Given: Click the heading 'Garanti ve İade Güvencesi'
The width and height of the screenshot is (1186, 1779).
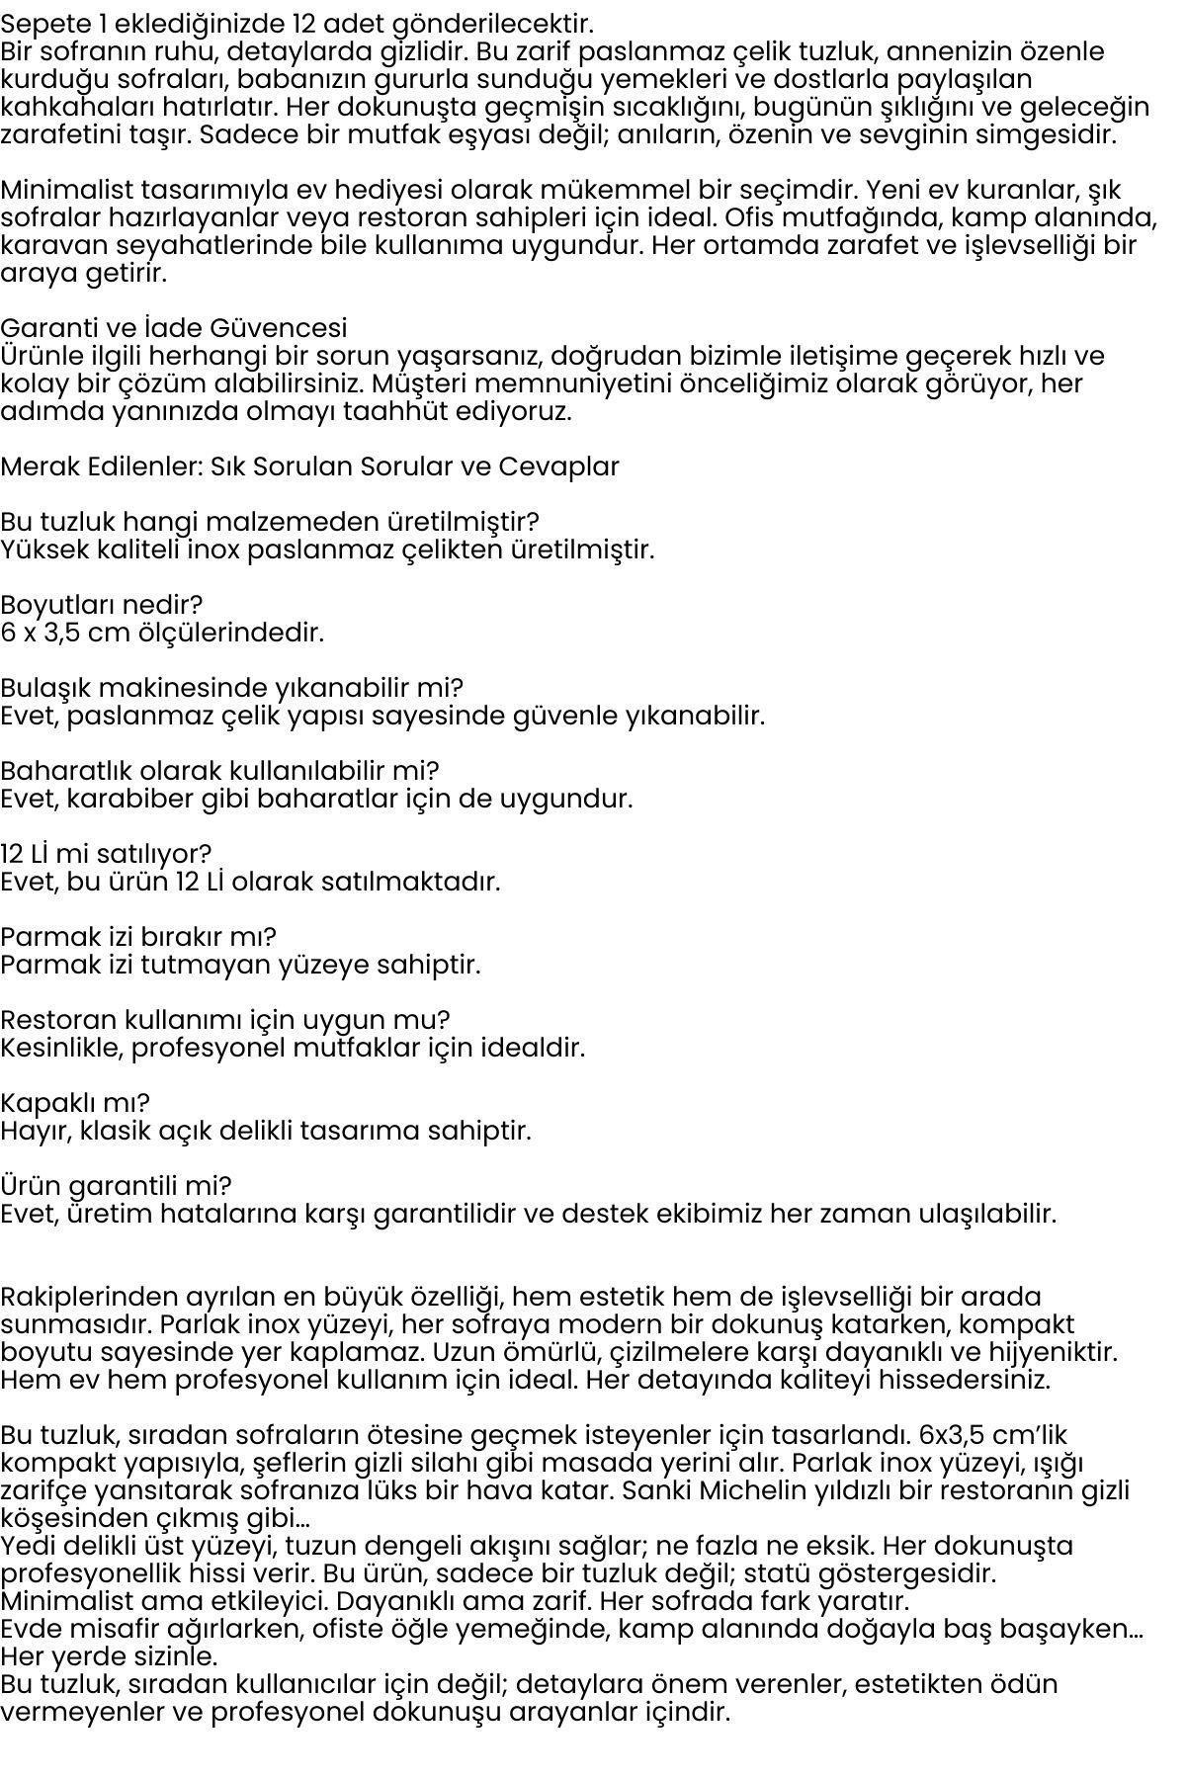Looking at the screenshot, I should pyautogui.click(x=174, y=328).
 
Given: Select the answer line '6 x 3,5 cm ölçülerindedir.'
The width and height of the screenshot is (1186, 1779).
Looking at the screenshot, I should pyautogui.click(x=162, y=633).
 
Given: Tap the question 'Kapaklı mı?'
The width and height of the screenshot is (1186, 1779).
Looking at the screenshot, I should pyautogui.click(x=75, y=1103).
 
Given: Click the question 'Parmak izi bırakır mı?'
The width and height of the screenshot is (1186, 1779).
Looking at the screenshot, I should pyautogui.click(x=138, y=937).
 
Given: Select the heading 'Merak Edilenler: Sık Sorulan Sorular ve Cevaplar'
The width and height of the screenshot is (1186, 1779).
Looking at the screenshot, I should pyautogui.click(x=309, y=466).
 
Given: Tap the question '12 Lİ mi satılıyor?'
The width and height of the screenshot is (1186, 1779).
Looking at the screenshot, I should pyautogui.click(x=106, y=854).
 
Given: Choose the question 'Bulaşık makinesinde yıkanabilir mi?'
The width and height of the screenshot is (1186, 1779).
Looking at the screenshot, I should pyautogui.click(x=231, y=688).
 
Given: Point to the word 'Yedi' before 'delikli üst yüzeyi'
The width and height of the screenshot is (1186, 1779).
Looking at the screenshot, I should pyautogui.click(x=27, y=1545).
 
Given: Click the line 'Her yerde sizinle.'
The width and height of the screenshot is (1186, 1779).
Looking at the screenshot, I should pyautogui.click(x=109, y=1655).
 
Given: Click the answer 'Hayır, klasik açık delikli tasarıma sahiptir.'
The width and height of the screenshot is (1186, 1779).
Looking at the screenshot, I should pyautogui.click(x=266, y=1131).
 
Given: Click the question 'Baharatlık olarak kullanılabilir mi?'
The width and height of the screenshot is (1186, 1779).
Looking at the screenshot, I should pyautogui.click(x=219, y=771).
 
